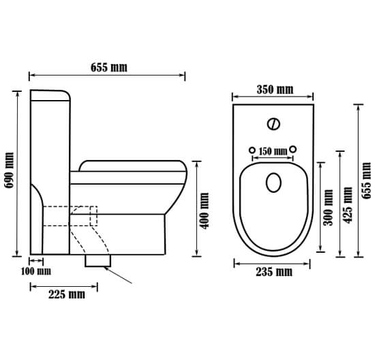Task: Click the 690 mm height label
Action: [x=10, y=170]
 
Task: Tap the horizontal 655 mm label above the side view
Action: [x=109, y=67]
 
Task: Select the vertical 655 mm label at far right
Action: [x=367, y=181]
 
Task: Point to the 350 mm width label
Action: [x=275, y=89]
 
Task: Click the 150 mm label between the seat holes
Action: [x=273, y=151]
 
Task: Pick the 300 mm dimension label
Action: [x=329, y=207]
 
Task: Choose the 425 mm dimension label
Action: [x=348, y=205]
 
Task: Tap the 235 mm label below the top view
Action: [x=274, y=272]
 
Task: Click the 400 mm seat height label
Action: [x=205, y=211]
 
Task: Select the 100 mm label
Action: [x=36, y=271]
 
